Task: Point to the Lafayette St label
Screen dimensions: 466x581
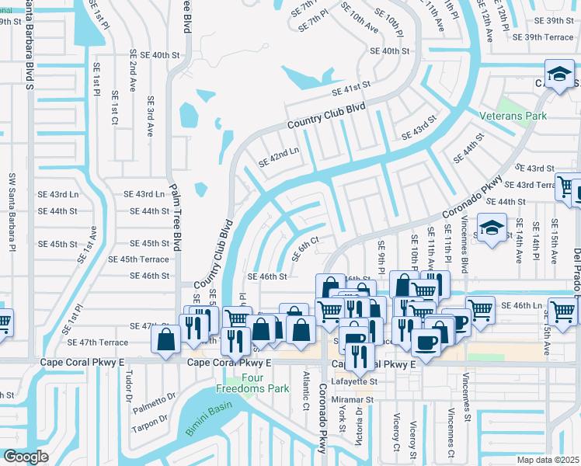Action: [x=355, y=382]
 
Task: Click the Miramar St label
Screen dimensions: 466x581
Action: [x=353, y=401]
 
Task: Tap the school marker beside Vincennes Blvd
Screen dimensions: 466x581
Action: [x=492, y=228]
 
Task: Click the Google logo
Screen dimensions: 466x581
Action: [x=25, y=457]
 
